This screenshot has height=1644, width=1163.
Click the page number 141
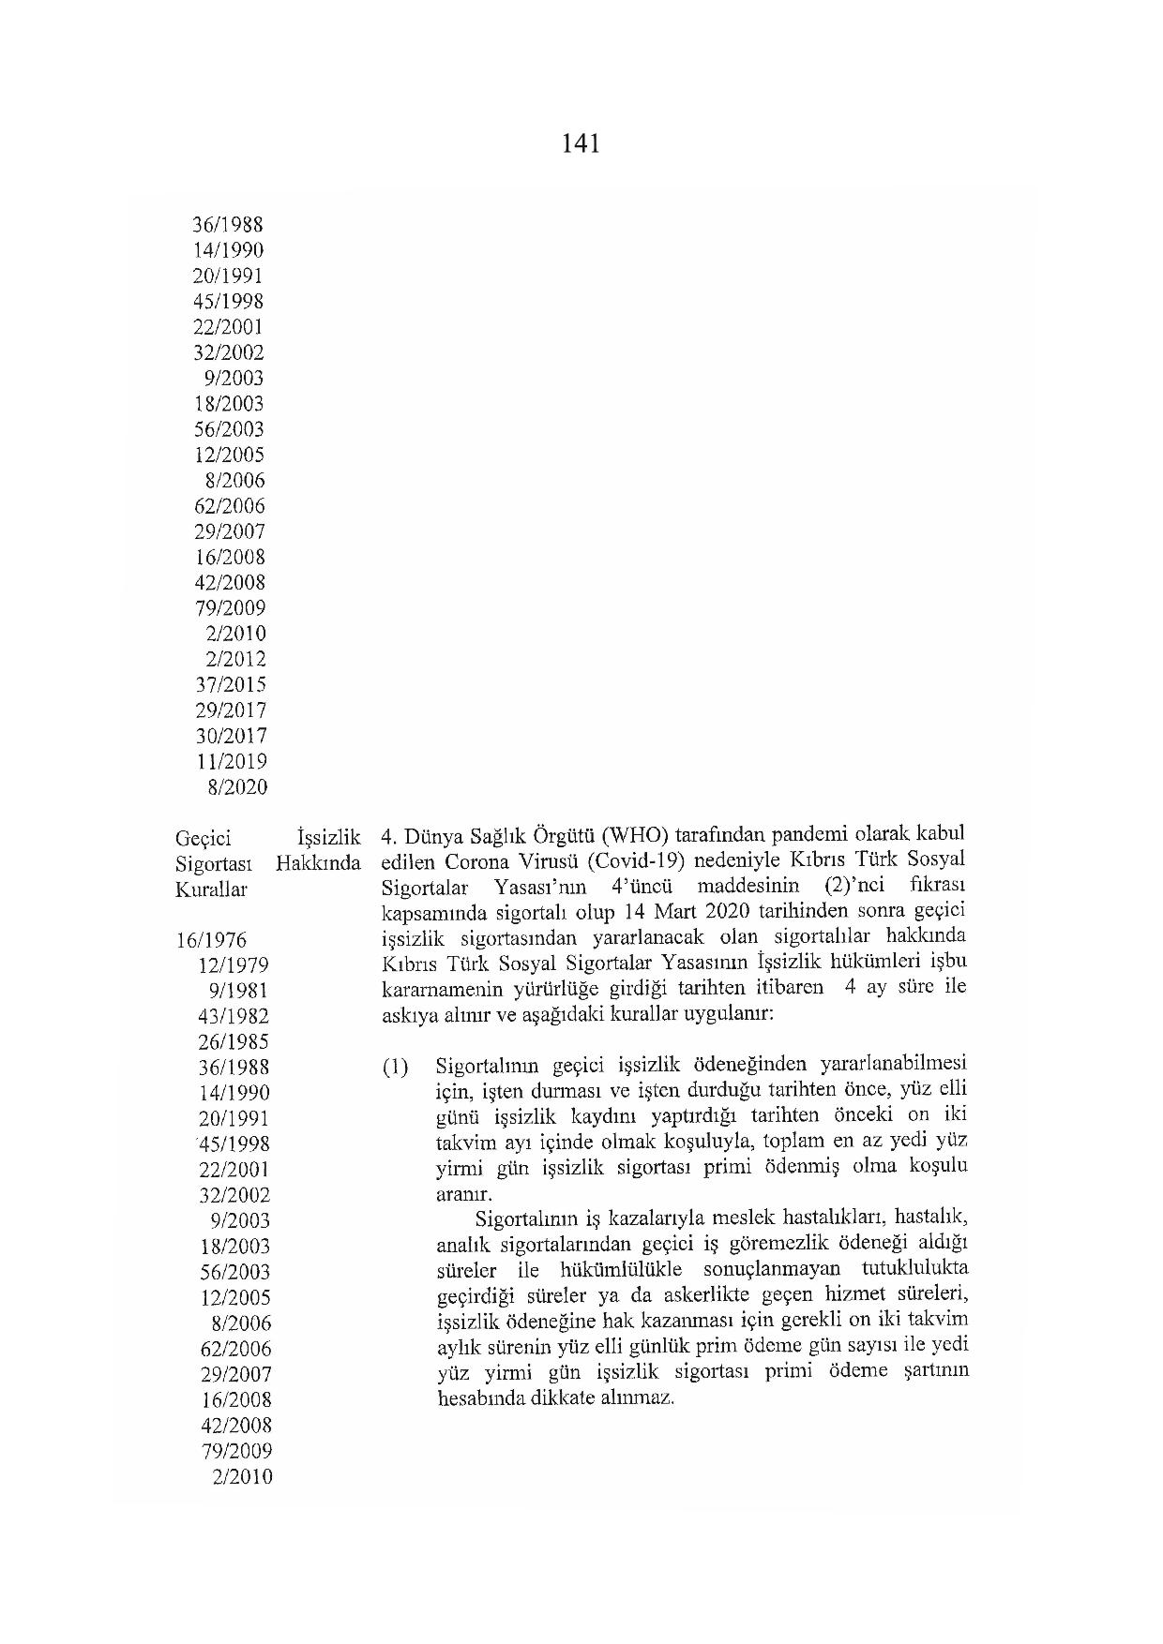(x=581, y=144)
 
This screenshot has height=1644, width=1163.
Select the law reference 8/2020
(x=236, y=787)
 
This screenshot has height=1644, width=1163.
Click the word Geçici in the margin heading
(x=204, y=838)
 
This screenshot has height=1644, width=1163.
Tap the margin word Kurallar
(x=211, y=889)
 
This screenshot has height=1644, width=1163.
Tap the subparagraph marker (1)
(x=395, y=1068)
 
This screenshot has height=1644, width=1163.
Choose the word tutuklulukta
(x=912, y=1269)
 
